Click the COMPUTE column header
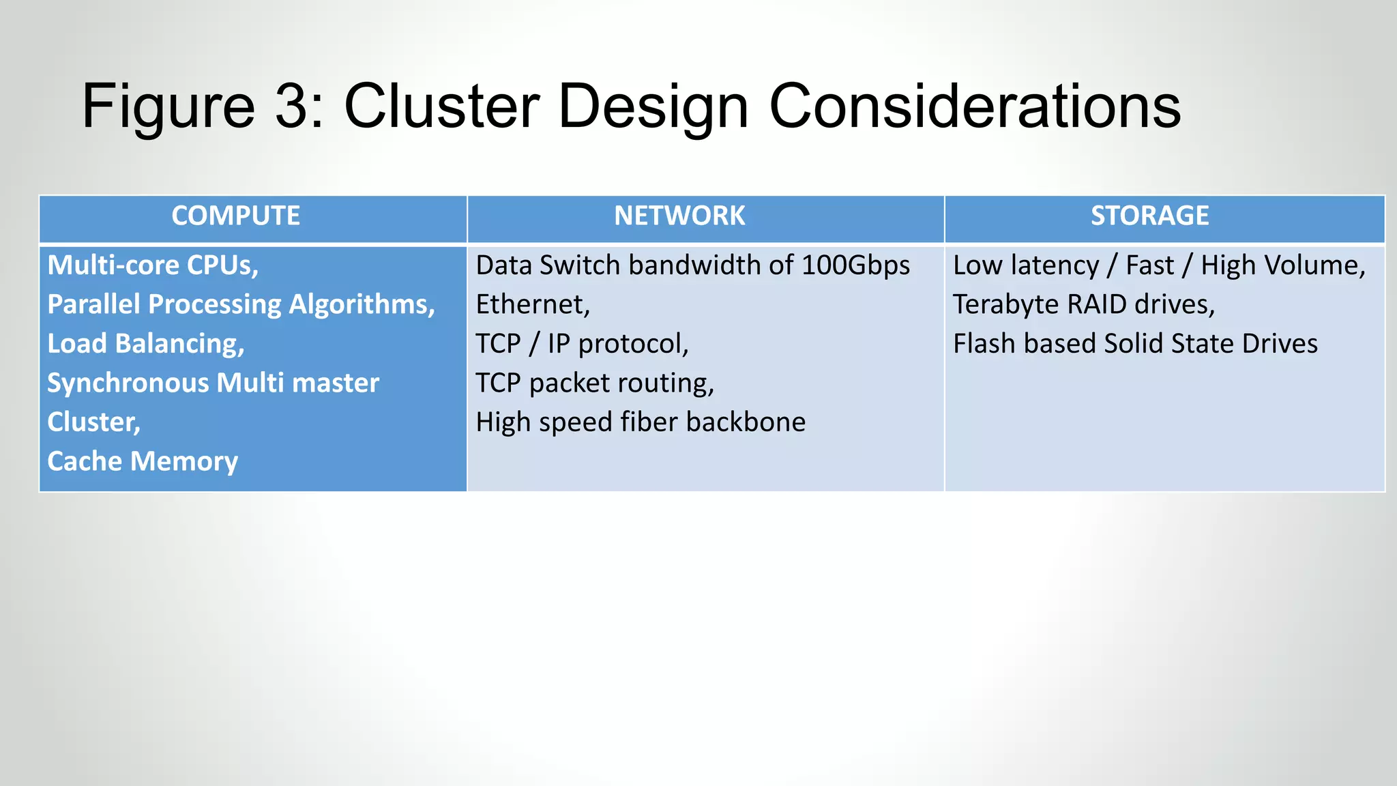click(x=235, y=216)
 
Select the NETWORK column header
click(x=679, y=216)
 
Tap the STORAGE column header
click(x=1149, y=216)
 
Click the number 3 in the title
click(x=291, y=106)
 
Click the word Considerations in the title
click(x=975, y=106)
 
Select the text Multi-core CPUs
click(x=153, y=265)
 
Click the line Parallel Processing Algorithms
click(x=241, y=305)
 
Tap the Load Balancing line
click(x=145, y=344)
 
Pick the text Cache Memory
click(x=143, y=462)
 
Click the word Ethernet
click(x=532, y=305)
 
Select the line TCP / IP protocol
click(x=582, y=344)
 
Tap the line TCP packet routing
click(x=594, y=383)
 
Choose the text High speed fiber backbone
click(x=641, y=422)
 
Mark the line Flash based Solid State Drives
click(x=1135, y=344)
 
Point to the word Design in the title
click(x=653, y=106)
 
